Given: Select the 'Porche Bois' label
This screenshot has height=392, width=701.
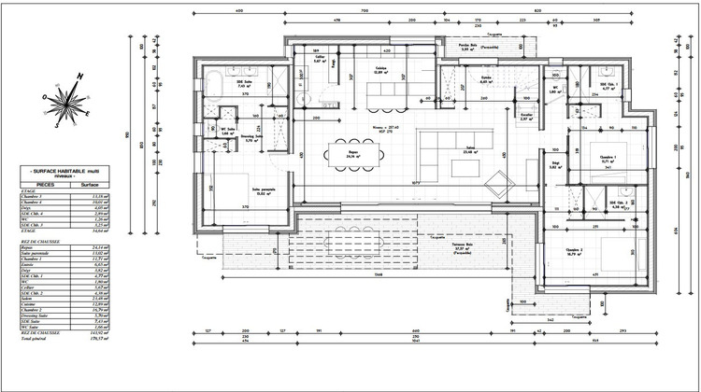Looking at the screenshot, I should (468, 47).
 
